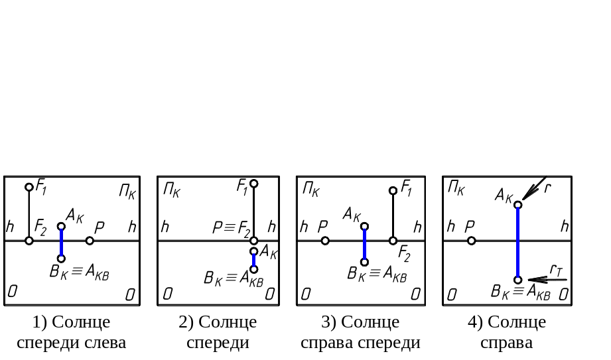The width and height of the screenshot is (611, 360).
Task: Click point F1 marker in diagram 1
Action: (x=29, y=187)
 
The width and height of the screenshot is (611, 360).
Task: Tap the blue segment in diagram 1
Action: (x=61, y=243)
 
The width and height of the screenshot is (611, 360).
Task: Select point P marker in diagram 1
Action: (x=90, y=241)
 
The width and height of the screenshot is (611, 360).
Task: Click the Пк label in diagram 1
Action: (x=127, y=192)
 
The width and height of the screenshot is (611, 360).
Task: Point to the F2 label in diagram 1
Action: (x=40, y=227)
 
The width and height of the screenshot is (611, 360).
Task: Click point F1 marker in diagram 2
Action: (x=253, y=184)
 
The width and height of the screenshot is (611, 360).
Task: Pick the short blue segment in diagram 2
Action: (x=253, y=261)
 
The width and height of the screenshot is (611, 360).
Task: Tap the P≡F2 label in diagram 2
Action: (x=232, y=229)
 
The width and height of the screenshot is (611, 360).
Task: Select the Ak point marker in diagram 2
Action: (x=253, y=251)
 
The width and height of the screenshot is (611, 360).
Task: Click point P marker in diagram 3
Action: (x=325, y=241)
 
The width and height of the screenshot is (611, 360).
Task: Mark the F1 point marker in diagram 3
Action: (x=393, y=190)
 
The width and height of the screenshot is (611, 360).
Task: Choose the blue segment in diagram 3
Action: (x=364, y=244)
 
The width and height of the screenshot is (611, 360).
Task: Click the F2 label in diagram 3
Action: (x=405, y=255)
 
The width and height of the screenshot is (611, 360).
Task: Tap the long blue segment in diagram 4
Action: (x=518, y=243)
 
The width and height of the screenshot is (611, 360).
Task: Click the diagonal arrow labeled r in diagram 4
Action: (x=534, y=188)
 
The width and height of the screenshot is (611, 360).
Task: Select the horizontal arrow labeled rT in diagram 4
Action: (x=547, y=280)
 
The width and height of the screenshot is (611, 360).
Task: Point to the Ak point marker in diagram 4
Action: (x=518, y=205)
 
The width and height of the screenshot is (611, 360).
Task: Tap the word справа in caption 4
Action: (x=506, y=343)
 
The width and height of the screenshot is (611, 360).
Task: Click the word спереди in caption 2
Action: (x=218, y=343)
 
